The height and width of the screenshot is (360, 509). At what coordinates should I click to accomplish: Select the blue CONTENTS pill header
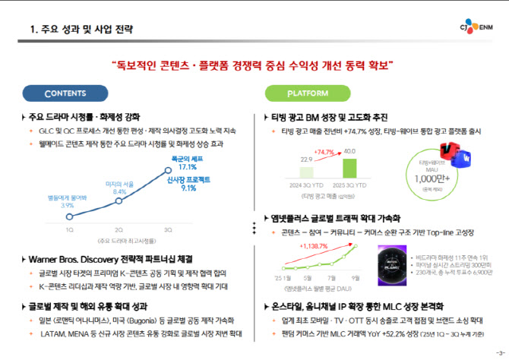tap(71, 93)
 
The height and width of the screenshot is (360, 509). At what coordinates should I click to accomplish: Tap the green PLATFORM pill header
tap(307, 93)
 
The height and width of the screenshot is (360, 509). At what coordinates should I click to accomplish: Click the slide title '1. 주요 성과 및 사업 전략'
tap(81, 30)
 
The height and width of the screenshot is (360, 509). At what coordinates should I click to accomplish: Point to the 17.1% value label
tap(188, 166)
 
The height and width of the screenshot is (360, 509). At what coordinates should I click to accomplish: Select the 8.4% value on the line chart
tap(119, 192)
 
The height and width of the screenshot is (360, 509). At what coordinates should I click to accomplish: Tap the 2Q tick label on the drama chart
tap(119, 229)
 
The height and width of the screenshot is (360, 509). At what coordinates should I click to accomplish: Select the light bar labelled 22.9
tap(307, 173)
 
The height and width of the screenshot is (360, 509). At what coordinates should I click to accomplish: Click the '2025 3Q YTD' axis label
tap(349, 185)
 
